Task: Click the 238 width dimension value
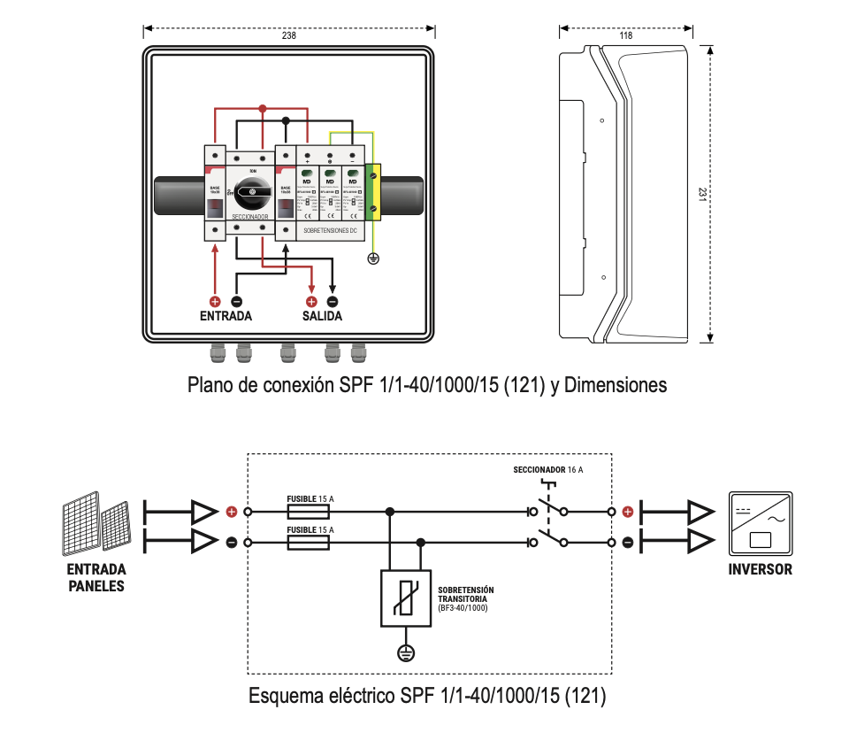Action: click(288, 36)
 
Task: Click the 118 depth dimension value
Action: click(626, 36)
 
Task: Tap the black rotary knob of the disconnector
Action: click(252, 190)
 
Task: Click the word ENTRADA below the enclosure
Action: click(226, 316)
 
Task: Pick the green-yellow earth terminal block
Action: click(372, 193)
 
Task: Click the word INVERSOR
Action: click(761, 569)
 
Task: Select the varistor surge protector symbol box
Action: click(405, 599)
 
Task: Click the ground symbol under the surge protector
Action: click(405, 653)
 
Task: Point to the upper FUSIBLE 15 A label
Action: click(310, 499)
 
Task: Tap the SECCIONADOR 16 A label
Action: click(548, 469)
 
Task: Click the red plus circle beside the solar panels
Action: click(232, 512)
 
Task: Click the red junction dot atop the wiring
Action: click(262, 108)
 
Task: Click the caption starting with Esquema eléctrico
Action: click(427, 696)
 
